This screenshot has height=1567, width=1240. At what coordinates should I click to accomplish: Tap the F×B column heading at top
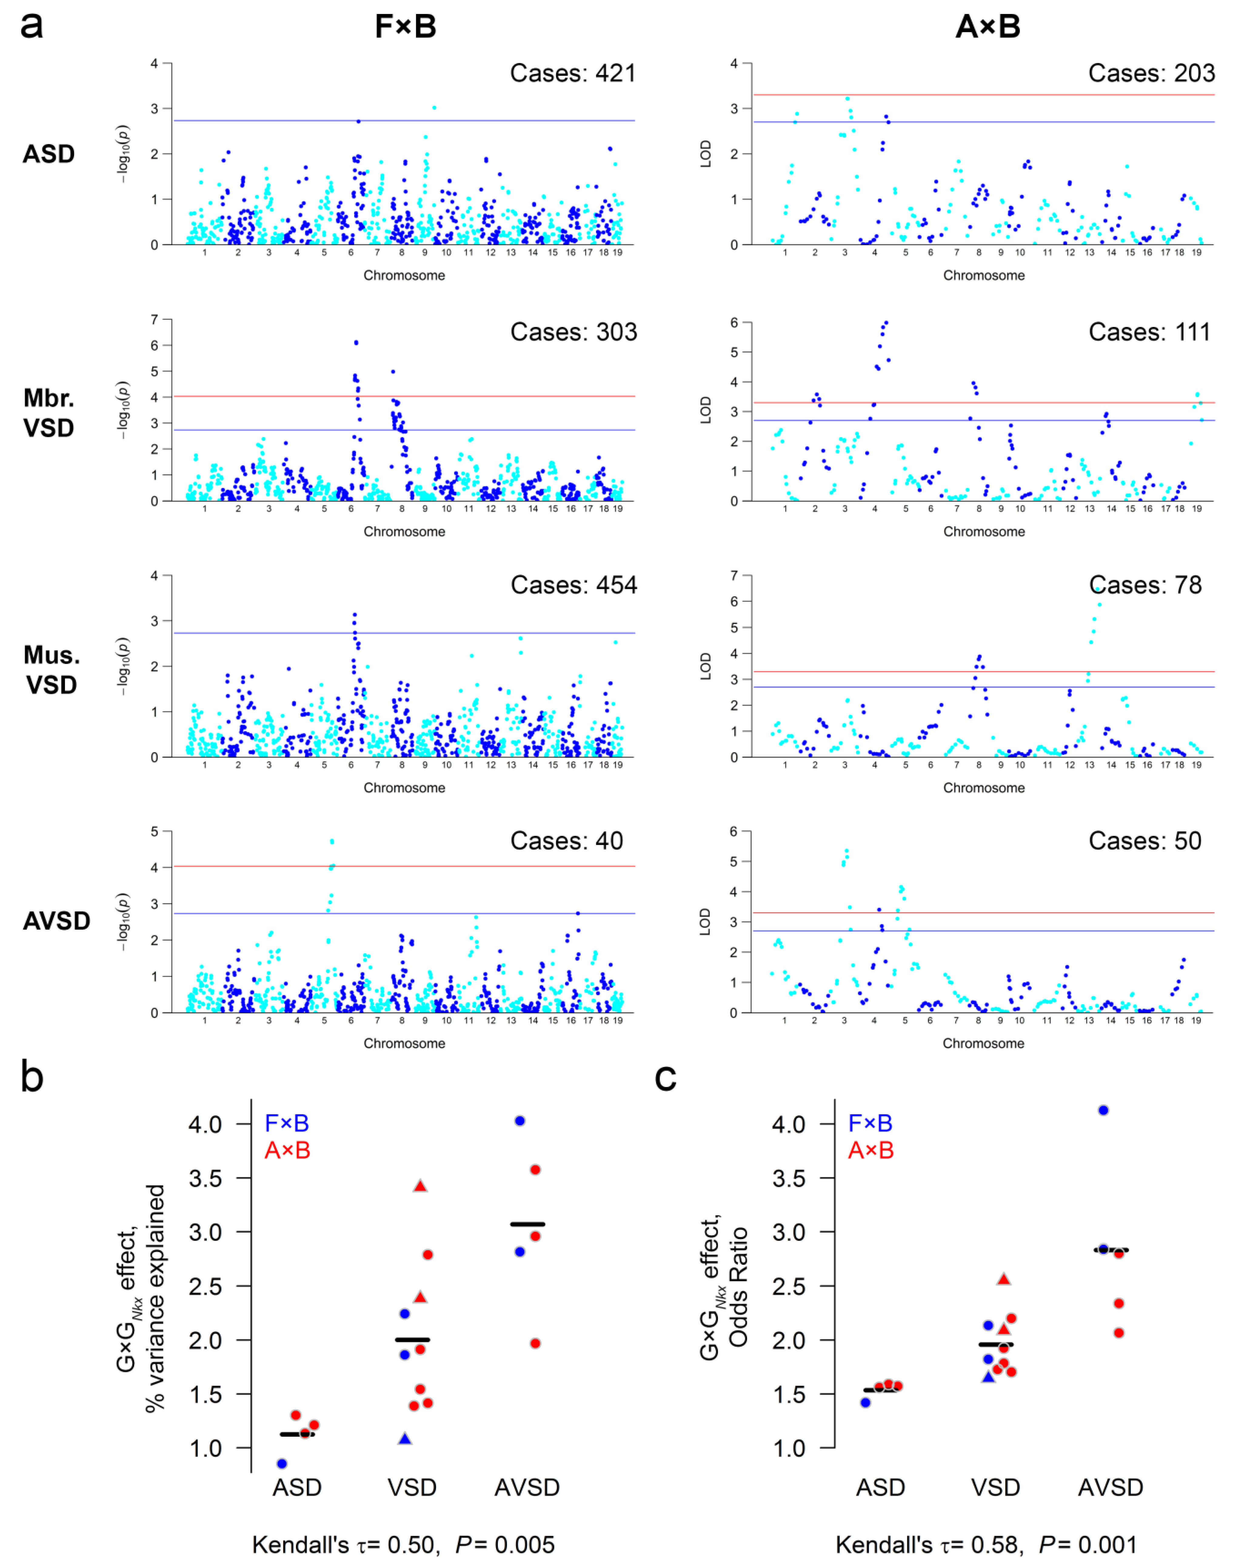(x=405, y=27)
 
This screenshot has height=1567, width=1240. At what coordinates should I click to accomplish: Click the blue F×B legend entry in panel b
(x=287, y=1123)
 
